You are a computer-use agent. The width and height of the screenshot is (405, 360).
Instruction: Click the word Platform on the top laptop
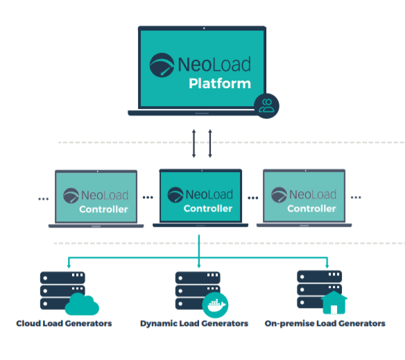click(220, 84)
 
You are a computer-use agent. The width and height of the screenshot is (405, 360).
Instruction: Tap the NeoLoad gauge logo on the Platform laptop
click(162, 65)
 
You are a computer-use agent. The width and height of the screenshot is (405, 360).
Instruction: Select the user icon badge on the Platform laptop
click(266, 106)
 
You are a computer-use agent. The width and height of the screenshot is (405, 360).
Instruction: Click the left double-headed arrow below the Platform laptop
click(193, 144)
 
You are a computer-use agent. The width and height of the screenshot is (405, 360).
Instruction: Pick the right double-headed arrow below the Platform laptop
click(210, 144)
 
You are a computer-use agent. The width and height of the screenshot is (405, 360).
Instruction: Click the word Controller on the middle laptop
click(208, 209)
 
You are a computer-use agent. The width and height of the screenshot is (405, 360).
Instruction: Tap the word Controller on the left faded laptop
click(103, 209)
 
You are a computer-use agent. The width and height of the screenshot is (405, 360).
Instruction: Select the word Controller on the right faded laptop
click(312, 209)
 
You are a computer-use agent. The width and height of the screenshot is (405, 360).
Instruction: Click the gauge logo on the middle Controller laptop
click(175, 195)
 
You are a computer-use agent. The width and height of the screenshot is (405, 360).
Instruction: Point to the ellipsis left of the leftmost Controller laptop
click(44, 199)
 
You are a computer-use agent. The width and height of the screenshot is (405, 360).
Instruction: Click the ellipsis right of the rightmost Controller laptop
click(356, 198)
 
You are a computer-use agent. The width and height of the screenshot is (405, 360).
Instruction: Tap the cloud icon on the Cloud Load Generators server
click(82, 305)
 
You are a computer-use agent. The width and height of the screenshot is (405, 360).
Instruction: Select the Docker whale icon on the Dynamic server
click(215, 305)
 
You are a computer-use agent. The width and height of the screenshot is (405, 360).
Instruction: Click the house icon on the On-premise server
click(334, 302)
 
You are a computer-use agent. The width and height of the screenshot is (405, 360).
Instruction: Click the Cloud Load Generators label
click(64, 323)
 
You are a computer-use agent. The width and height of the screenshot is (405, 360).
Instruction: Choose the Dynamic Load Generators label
click(194, 323)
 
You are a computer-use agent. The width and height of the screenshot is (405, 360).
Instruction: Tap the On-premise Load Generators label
click(325, 323)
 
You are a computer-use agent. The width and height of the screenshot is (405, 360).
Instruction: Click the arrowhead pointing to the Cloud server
click(69, 266)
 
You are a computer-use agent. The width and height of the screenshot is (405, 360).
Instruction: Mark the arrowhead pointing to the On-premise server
click(327, 266)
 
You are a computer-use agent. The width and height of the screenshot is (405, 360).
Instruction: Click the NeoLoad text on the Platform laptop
click(214, 64)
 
